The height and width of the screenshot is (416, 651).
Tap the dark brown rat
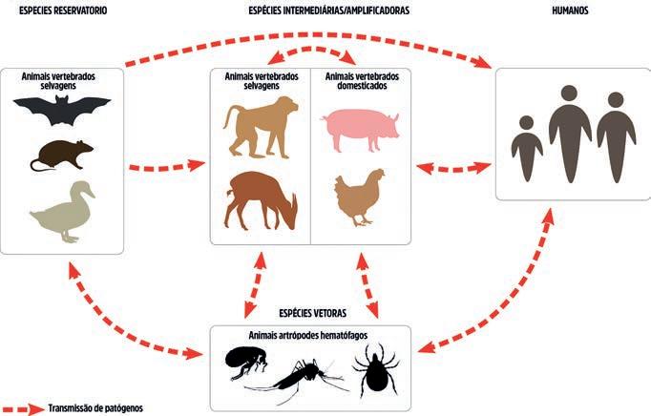62,155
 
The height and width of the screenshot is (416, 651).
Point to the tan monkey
258,129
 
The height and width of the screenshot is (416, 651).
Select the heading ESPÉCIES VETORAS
312,312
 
